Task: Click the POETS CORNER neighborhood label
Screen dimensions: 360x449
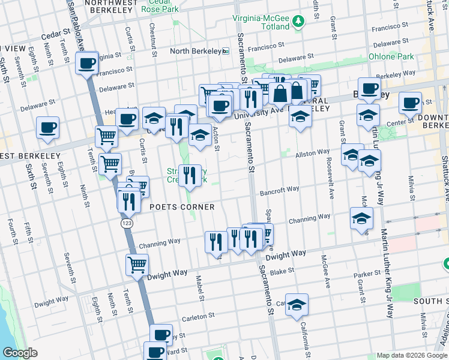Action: [182, 207]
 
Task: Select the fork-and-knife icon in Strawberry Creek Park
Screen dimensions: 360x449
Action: [190, 175]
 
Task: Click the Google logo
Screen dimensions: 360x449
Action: [20, 353]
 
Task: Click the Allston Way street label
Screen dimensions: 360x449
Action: [312, 154]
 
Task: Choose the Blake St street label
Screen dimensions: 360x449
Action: [282, 271]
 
